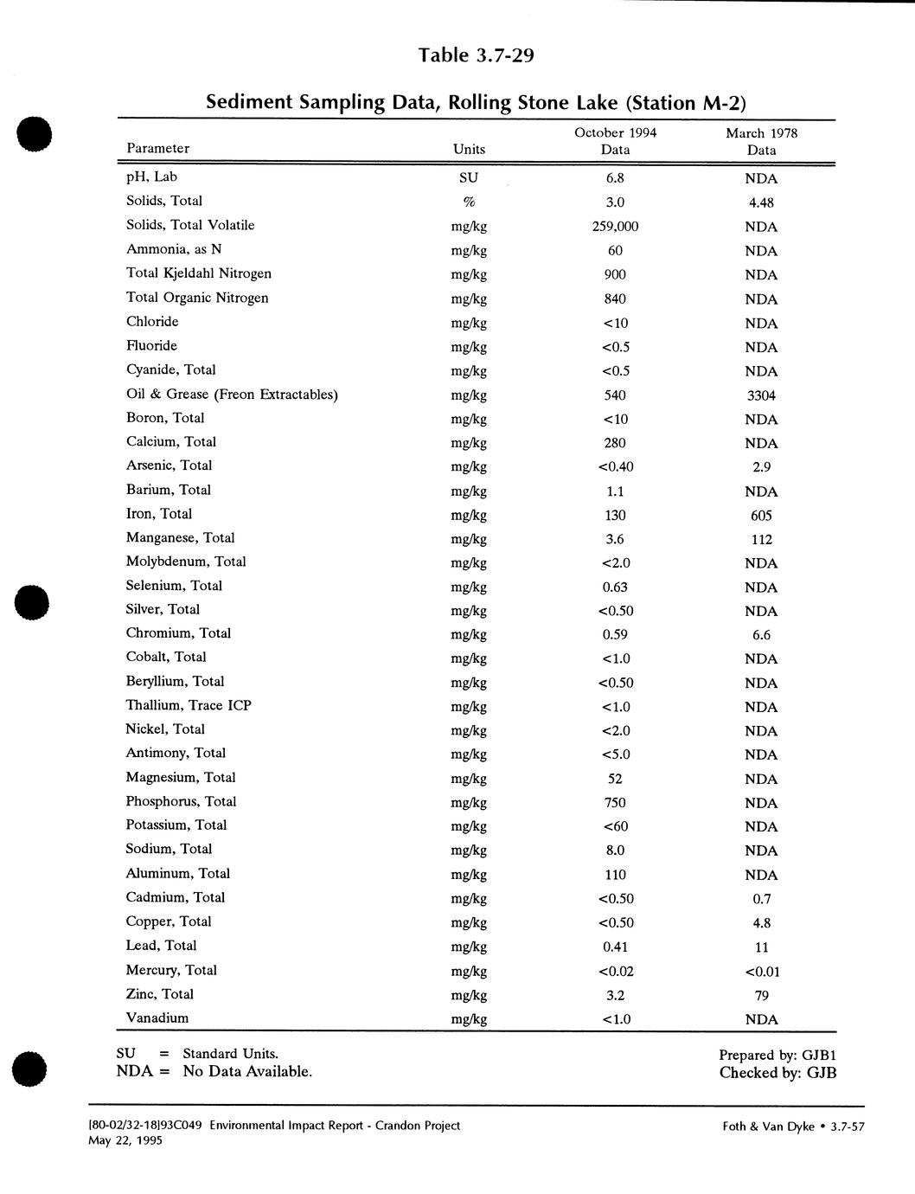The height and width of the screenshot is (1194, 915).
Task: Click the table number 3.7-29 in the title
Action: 504,56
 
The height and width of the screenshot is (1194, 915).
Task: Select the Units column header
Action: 469,149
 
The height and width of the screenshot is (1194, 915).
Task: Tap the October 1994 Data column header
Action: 615,141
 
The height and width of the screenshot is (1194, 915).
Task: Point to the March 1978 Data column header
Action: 761,141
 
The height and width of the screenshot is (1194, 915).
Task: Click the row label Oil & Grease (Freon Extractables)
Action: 232,395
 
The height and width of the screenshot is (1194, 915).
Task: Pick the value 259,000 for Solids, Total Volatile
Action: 615,227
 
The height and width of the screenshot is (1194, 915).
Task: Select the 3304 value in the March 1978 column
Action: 761,395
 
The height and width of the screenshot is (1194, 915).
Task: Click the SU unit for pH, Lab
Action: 469,178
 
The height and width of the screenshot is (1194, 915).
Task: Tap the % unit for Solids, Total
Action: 469,202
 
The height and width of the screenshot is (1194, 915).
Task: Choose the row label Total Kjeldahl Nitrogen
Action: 199,273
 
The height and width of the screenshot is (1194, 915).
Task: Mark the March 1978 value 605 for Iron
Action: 761,516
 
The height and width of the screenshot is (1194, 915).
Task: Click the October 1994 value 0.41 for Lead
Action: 615,947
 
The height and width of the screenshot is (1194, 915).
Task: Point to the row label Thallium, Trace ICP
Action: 189,705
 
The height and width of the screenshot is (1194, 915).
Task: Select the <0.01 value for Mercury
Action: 761,971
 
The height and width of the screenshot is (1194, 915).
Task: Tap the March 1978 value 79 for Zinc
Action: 761,995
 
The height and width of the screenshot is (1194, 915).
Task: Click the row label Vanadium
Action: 157,1017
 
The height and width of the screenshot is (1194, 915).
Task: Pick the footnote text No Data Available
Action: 247,1072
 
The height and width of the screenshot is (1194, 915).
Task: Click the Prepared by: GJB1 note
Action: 777,1055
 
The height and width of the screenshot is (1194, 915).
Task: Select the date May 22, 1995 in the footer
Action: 125,1140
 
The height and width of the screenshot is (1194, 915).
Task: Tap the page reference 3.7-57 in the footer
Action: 848,1127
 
